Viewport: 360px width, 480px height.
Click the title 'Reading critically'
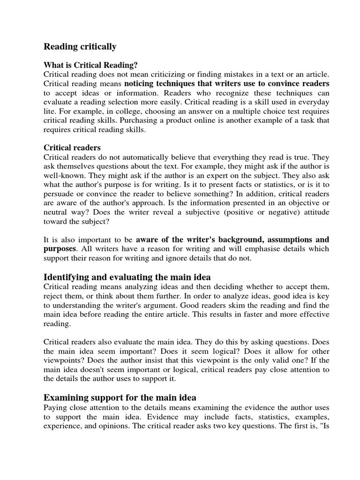pyautogui.click(x=80, y=46)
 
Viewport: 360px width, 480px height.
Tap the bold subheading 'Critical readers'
pyautogui.click(x=72, y=148)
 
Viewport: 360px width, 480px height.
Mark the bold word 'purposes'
pyautogui.click(x=60, y=248)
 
